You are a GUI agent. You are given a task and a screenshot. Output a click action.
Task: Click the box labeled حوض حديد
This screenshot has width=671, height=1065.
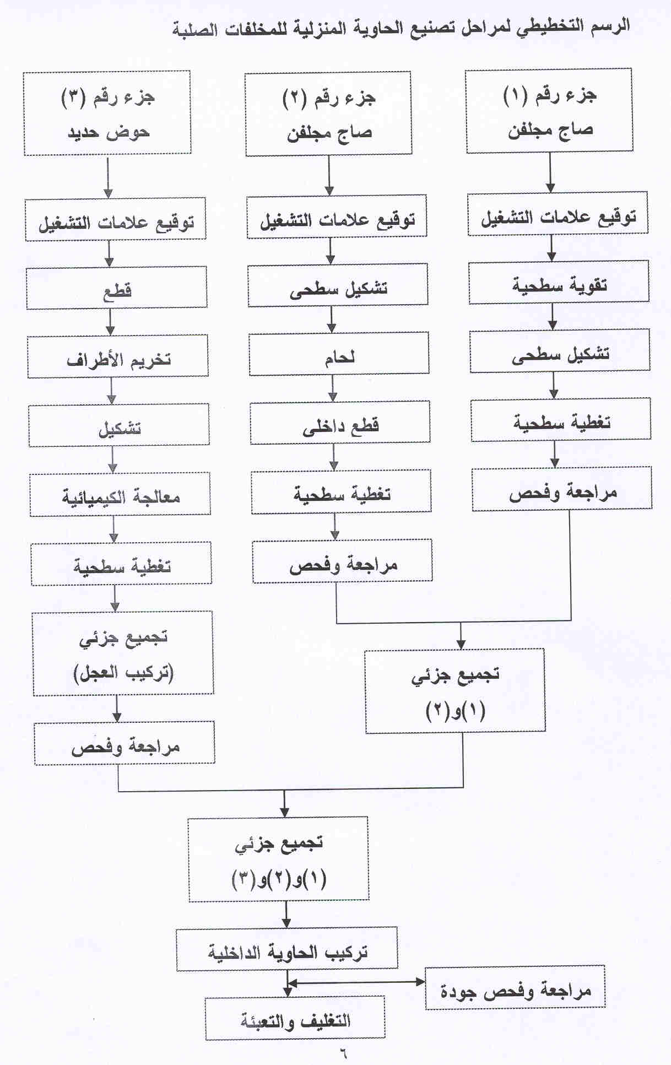(107, 112)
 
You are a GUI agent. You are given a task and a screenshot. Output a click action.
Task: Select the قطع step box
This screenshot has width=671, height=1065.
(117, 288)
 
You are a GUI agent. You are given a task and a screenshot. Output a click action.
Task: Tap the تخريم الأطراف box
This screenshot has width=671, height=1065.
(118, 356)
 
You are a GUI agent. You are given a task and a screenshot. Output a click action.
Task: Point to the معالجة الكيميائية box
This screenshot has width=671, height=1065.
(120, 494)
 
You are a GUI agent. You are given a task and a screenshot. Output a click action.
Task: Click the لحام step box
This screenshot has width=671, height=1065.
(339, 354)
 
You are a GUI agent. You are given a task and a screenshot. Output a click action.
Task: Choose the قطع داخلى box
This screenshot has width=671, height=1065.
(340, 423)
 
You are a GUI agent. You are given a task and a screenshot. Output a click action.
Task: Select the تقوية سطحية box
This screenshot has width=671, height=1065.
(559, 283)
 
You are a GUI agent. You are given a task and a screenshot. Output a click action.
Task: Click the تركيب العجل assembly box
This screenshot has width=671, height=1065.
(123, 653)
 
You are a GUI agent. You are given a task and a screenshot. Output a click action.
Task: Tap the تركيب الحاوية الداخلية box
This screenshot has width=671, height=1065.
(286, 949)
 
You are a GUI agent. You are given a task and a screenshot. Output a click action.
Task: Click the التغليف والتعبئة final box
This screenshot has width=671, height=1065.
(295, 1018)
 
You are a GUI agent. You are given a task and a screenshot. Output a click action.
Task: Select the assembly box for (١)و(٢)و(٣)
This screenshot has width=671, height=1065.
(278, 859)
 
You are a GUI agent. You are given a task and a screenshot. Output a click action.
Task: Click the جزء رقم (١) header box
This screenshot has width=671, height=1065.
(549, 110)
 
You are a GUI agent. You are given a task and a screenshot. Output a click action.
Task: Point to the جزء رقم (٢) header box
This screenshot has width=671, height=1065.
(328, 113)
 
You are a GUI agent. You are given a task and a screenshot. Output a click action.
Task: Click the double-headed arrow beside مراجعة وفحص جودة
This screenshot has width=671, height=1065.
(356, 982)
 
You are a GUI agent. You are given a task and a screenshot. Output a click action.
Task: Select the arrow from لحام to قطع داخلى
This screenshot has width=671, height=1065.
(333, 388)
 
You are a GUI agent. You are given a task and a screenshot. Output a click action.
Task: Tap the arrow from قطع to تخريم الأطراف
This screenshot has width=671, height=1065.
(110, 322)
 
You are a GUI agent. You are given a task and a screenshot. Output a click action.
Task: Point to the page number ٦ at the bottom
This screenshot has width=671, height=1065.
(343, 1053)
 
